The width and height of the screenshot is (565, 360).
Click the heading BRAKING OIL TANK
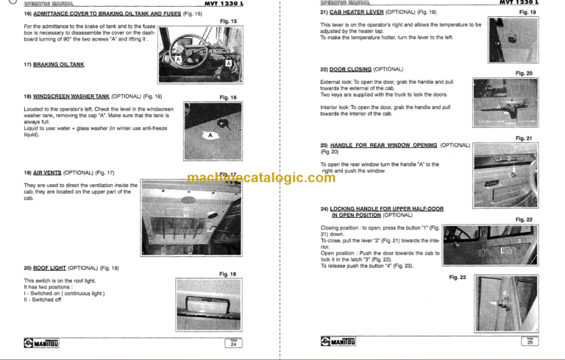pyautogui.click(x=58, y=64)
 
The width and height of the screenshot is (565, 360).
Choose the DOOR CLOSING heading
pyautogui.click(x=351, y=68)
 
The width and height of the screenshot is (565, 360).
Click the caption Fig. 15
pyautogui.click(x=229, y=22)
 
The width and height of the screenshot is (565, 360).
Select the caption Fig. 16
pyautogui.click(x=228, y=97)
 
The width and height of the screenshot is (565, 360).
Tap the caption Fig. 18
pyautogui.click(x=228, y=274)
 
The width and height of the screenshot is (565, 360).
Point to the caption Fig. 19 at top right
pyautogui.click(x=528, y=13)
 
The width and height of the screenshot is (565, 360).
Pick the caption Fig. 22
pyautogui.click(x=524, y=219)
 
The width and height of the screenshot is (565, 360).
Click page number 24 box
pyautogui.click(x=232, y=342)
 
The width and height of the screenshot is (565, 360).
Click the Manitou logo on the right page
pyautogui.click(x=341, y=342)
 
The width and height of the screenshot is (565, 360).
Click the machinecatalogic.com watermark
pyautogui.click(x=260, y=178)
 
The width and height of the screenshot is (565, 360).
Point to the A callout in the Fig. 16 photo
pyautogui.click(x=210, y=135)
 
